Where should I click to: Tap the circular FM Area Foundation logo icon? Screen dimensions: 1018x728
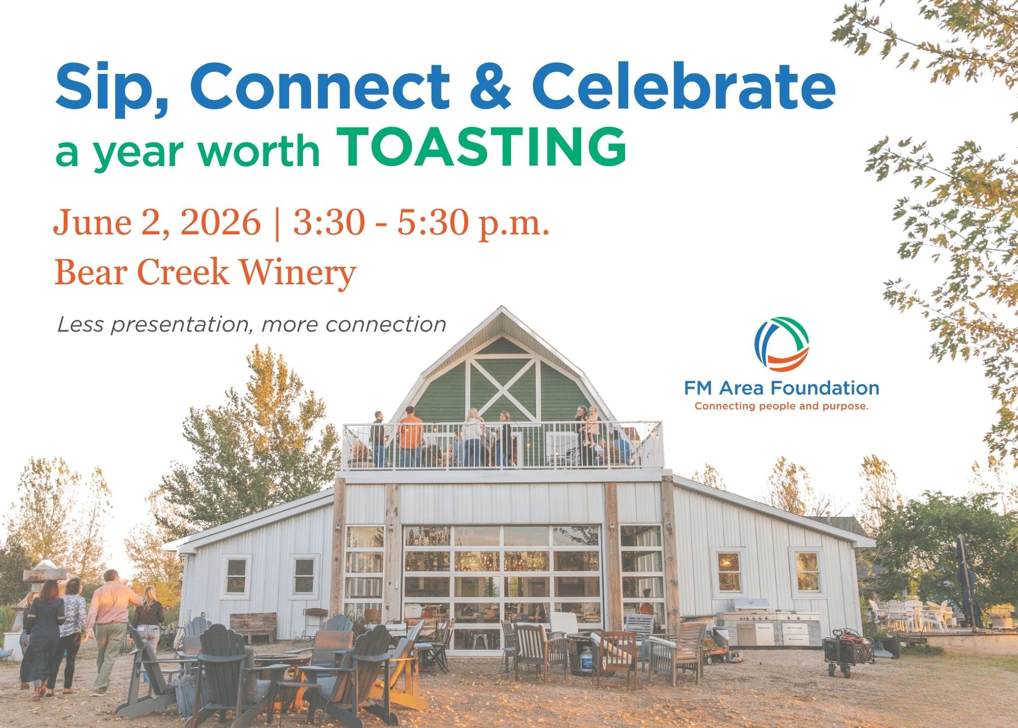(781, 345)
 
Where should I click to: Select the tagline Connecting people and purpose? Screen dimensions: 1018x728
(781, 407)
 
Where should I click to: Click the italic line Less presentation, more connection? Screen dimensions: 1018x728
(251, 325)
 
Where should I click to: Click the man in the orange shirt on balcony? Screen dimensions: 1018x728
(410, 437)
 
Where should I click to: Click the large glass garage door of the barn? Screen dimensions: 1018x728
(502, 587)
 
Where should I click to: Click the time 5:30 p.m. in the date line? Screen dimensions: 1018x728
(473, 224)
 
